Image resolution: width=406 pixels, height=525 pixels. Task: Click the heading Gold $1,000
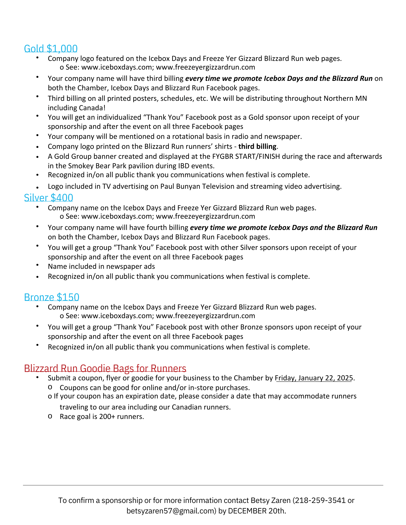coord(51,49)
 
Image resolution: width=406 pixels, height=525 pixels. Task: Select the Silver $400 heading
coord(49,198)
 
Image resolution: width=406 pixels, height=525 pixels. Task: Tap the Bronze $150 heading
coord(52,297)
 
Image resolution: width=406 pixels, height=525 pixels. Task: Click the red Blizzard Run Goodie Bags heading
coord(105,369)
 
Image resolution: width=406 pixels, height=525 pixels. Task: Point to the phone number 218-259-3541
coord(319,500)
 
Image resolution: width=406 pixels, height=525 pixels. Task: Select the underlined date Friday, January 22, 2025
coord(314,378)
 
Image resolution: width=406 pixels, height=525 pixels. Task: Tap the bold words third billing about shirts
coord(257,146)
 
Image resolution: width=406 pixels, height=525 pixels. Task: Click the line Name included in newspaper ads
coord(101,266)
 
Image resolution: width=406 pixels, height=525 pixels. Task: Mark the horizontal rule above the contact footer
coord(203,485)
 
